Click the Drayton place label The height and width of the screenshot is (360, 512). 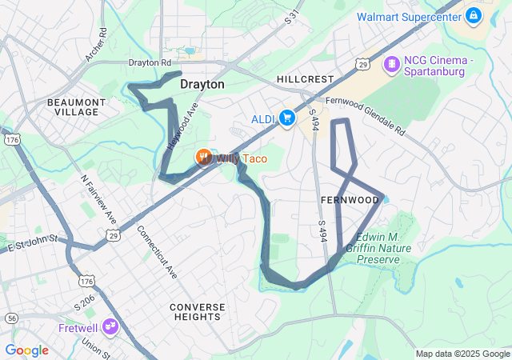202,83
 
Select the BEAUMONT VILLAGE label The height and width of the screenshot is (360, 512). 76,107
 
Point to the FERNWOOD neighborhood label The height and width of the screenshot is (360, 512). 350,199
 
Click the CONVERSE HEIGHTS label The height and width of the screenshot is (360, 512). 195,312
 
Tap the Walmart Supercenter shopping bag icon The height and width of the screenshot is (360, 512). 474,15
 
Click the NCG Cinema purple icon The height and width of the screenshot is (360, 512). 392,63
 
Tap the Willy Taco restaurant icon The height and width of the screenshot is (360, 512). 205,158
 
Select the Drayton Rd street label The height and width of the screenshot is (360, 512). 150,62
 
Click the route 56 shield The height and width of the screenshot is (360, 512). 10,318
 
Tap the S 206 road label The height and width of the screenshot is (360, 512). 84,302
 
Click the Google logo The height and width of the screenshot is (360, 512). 26,350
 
